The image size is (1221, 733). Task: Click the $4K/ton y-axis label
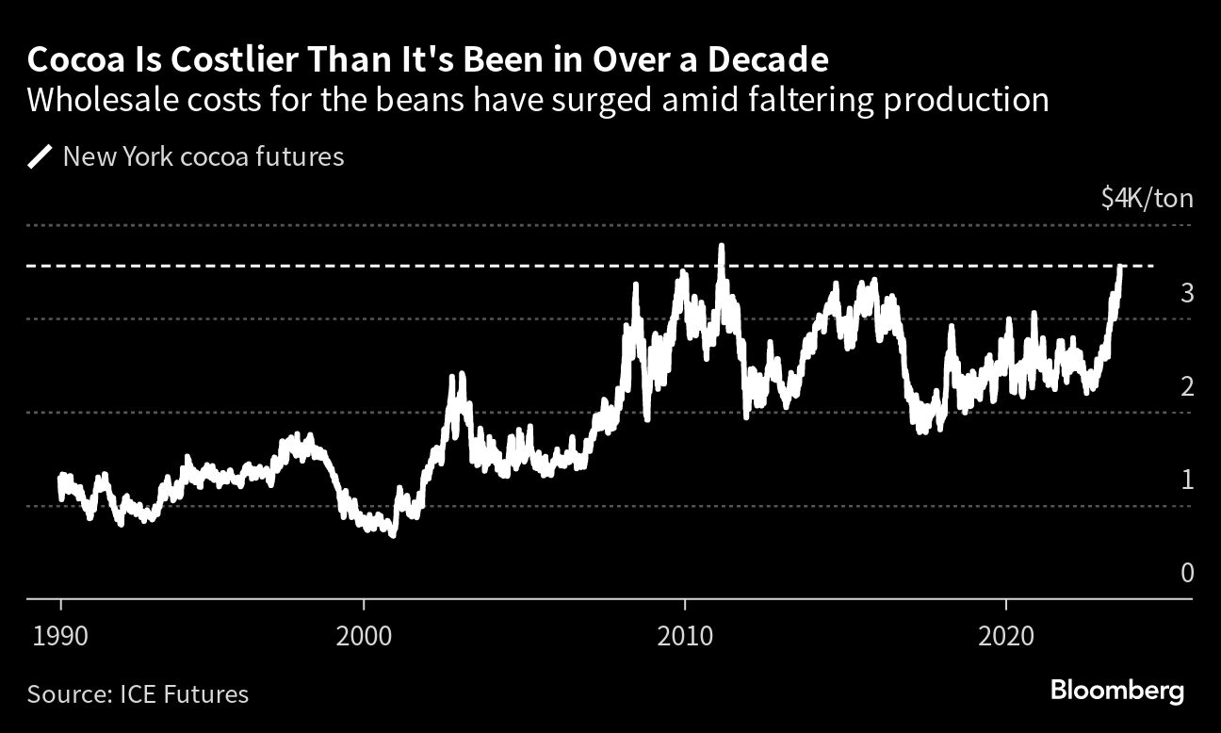pyautogui.click(x=1146, y=199)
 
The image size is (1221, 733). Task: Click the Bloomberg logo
pyautogui.click(x=1117, y=692)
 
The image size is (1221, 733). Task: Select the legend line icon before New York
pyautogui.click(x=41, y=156)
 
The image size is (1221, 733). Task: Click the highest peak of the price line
pyautogui.click(x=721, y=246)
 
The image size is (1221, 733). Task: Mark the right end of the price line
pyautogui.click(x=1121, y=268)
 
